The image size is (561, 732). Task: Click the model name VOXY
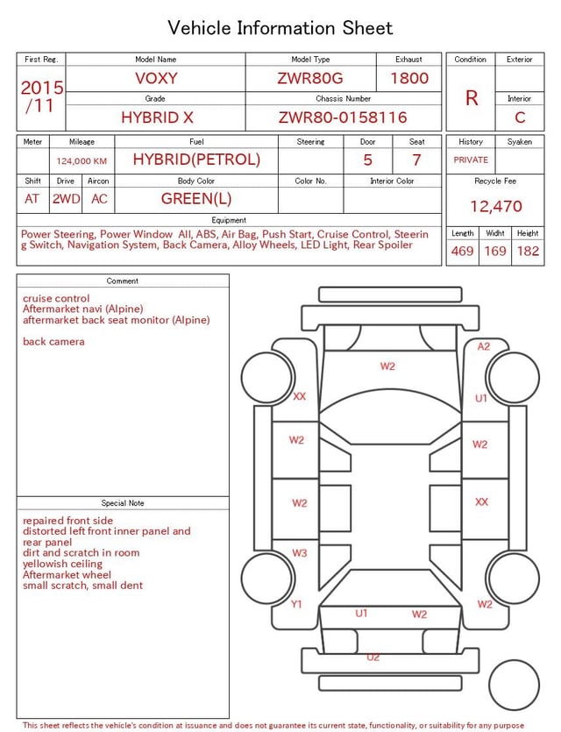click(x=156, y=78)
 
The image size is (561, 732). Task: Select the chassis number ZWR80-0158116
click(x=343, y=117)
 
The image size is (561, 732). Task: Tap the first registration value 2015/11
click(x=42, y=96)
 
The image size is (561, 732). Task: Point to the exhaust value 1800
click(x=409, y=78)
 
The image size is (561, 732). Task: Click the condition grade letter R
click(x=472, y=98)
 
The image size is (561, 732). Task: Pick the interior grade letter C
click(x=520, y=117)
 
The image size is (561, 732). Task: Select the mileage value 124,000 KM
click(x=82, y=161)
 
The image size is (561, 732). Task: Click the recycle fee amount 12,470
click(x=495, y=206)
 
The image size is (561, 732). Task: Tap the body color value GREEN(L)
click(x=196, y=199)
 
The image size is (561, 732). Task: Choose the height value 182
click(x=528, y=251)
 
